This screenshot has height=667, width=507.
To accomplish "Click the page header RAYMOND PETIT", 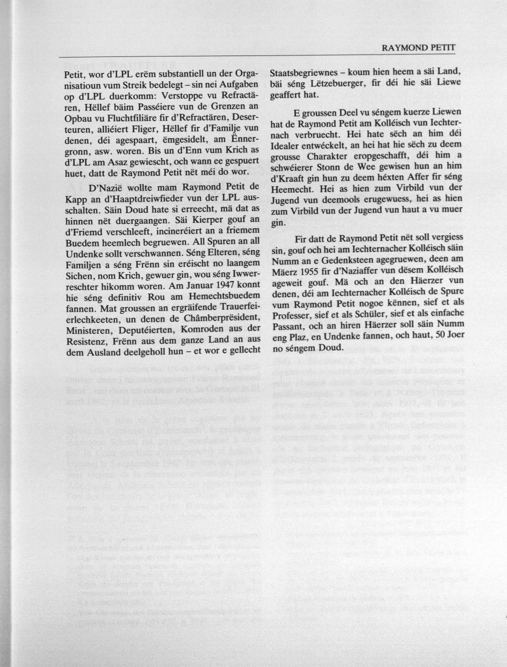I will (418, 49).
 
